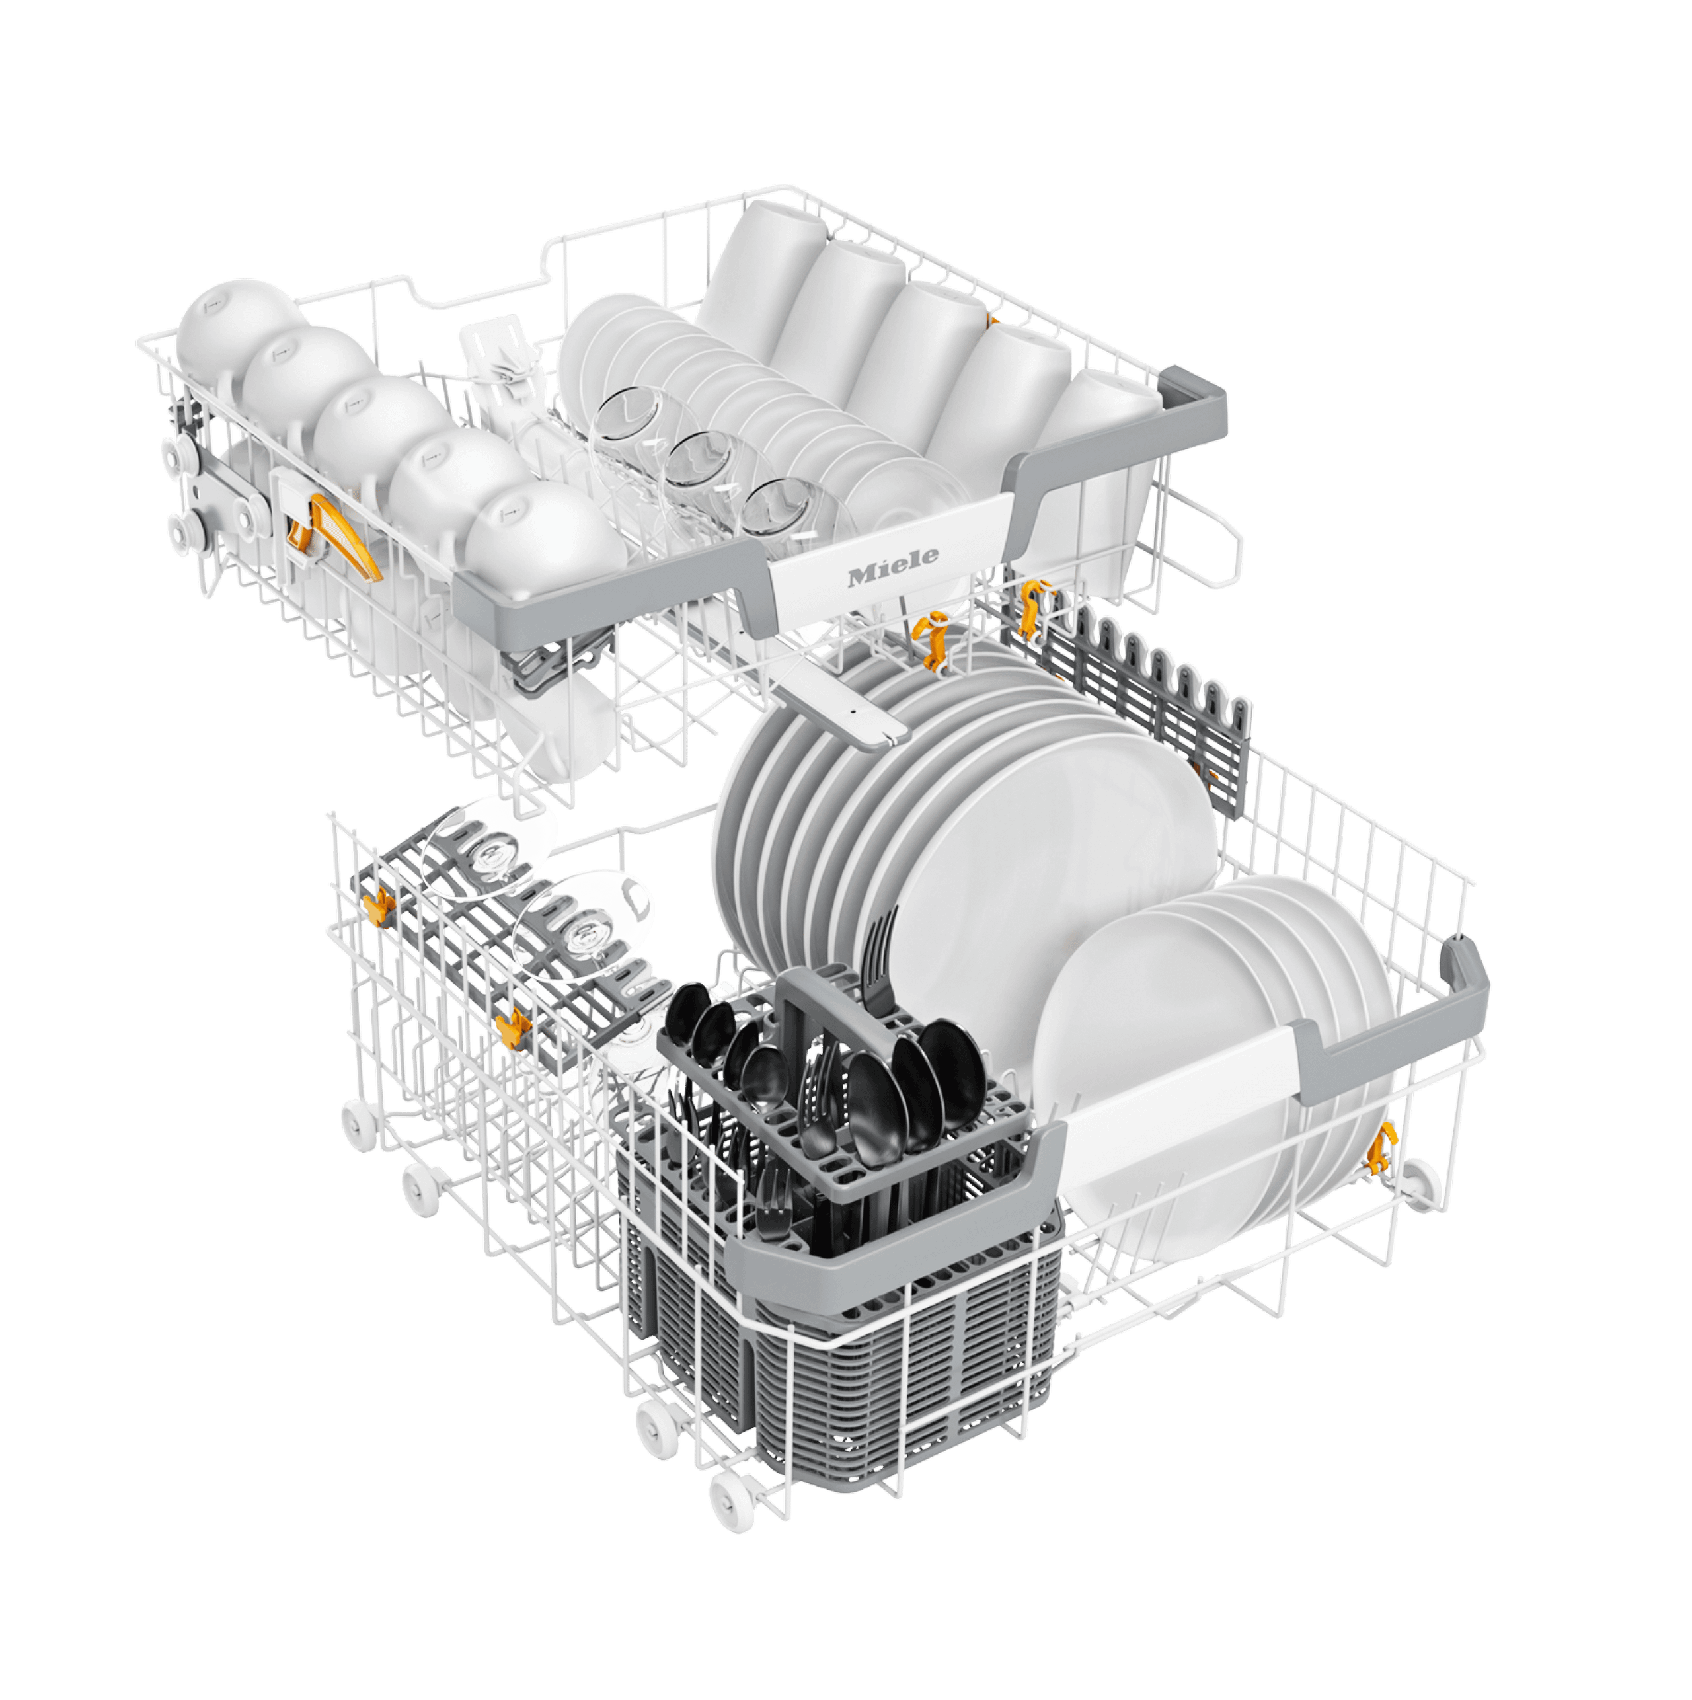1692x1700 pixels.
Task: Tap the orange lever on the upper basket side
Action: pyautogui.click(x=330, y=537)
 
